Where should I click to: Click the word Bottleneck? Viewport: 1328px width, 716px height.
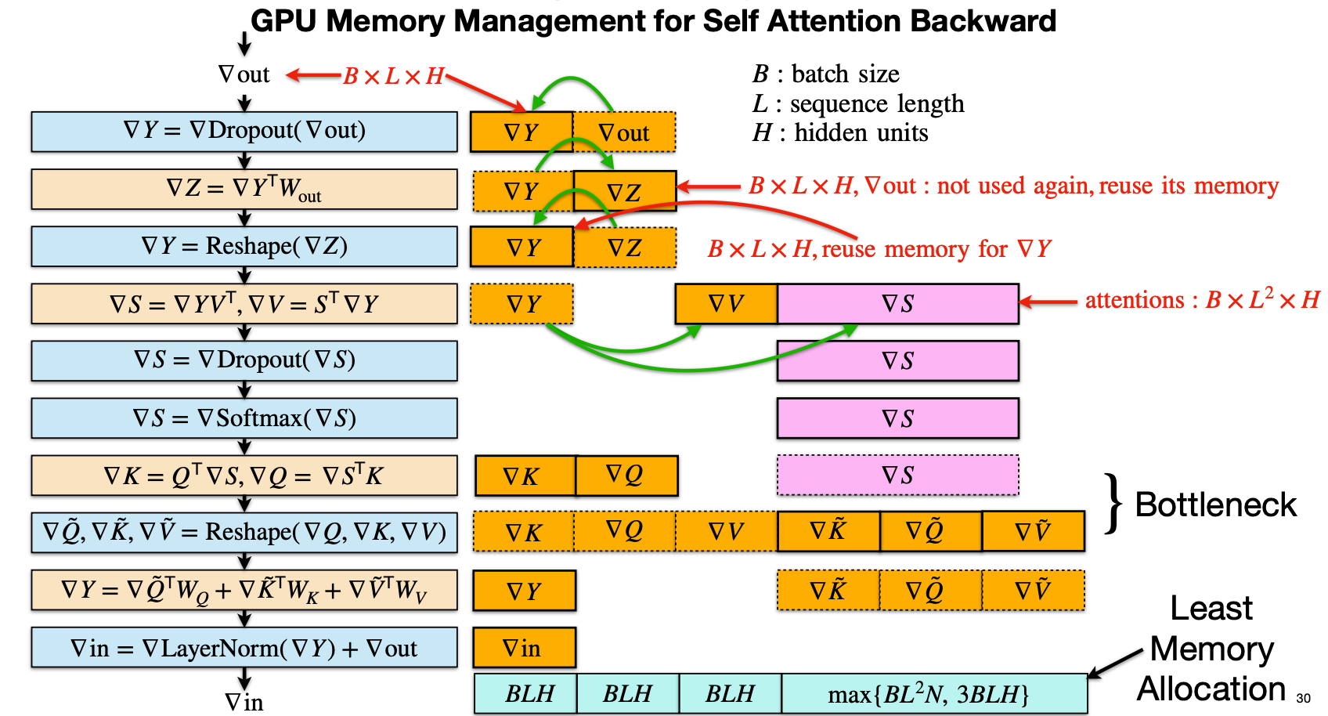(1215, 505)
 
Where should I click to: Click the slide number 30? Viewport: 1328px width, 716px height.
(1303, 698)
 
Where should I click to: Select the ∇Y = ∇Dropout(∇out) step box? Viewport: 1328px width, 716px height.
(244, 131)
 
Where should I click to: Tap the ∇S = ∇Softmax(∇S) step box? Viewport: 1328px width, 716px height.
(244, 418)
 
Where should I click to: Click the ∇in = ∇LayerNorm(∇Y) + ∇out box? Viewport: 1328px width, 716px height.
(244, 648)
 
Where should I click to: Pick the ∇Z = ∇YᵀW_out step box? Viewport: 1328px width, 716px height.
(244, 189)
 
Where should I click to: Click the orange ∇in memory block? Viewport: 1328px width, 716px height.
(524, 648)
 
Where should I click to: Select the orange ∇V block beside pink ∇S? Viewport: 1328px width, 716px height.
(726, 304)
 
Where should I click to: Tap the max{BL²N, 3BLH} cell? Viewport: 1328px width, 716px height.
(934, 694)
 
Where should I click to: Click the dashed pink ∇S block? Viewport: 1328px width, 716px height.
(897, 476)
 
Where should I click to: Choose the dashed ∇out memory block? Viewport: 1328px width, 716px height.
(624, 132)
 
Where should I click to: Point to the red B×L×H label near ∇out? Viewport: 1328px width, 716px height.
(393, 77)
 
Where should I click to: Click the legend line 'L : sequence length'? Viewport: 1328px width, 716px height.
(858, 103)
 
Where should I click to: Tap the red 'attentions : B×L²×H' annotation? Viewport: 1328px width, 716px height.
(1202, 300)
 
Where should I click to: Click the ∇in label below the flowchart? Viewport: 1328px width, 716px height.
(244, 702)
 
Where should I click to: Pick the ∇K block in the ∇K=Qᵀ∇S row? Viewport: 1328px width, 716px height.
(524, 476)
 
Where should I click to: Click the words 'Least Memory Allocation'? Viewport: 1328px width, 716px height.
(1211, 649)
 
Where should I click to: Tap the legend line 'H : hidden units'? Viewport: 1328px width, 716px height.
(840, 133)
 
